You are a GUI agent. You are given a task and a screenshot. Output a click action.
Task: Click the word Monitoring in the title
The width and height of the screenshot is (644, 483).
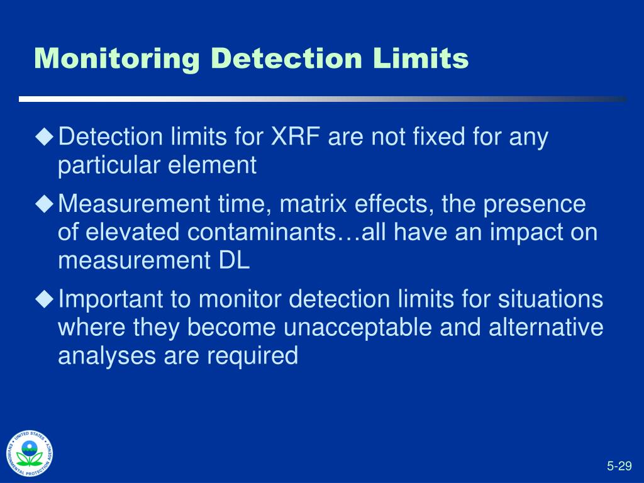[117, 60]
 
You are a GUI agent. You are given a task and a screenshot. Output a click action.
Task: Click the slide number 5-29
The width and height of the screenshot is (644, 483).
[619, 465]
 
